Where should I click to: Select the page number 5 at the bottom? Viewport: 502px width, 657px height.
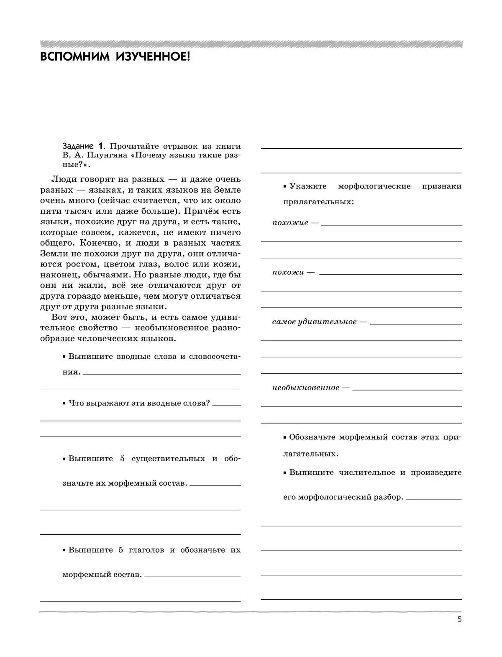(459, 631)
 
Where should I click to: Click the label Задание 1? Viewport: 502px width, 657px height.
(82, 146)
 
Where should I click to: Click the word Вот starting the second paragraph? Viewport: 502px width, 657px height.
(60, 317)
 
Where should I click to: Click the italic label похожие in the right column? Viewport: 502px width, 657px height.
(290, 223)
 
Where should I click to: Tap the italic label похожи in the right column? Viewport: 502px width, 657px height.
(288, 272)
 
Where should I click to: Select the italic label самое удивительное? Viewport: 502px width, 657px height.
(314, 322)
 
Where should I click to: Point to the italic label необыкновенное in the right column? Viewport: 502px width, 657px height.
(305, 388)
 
